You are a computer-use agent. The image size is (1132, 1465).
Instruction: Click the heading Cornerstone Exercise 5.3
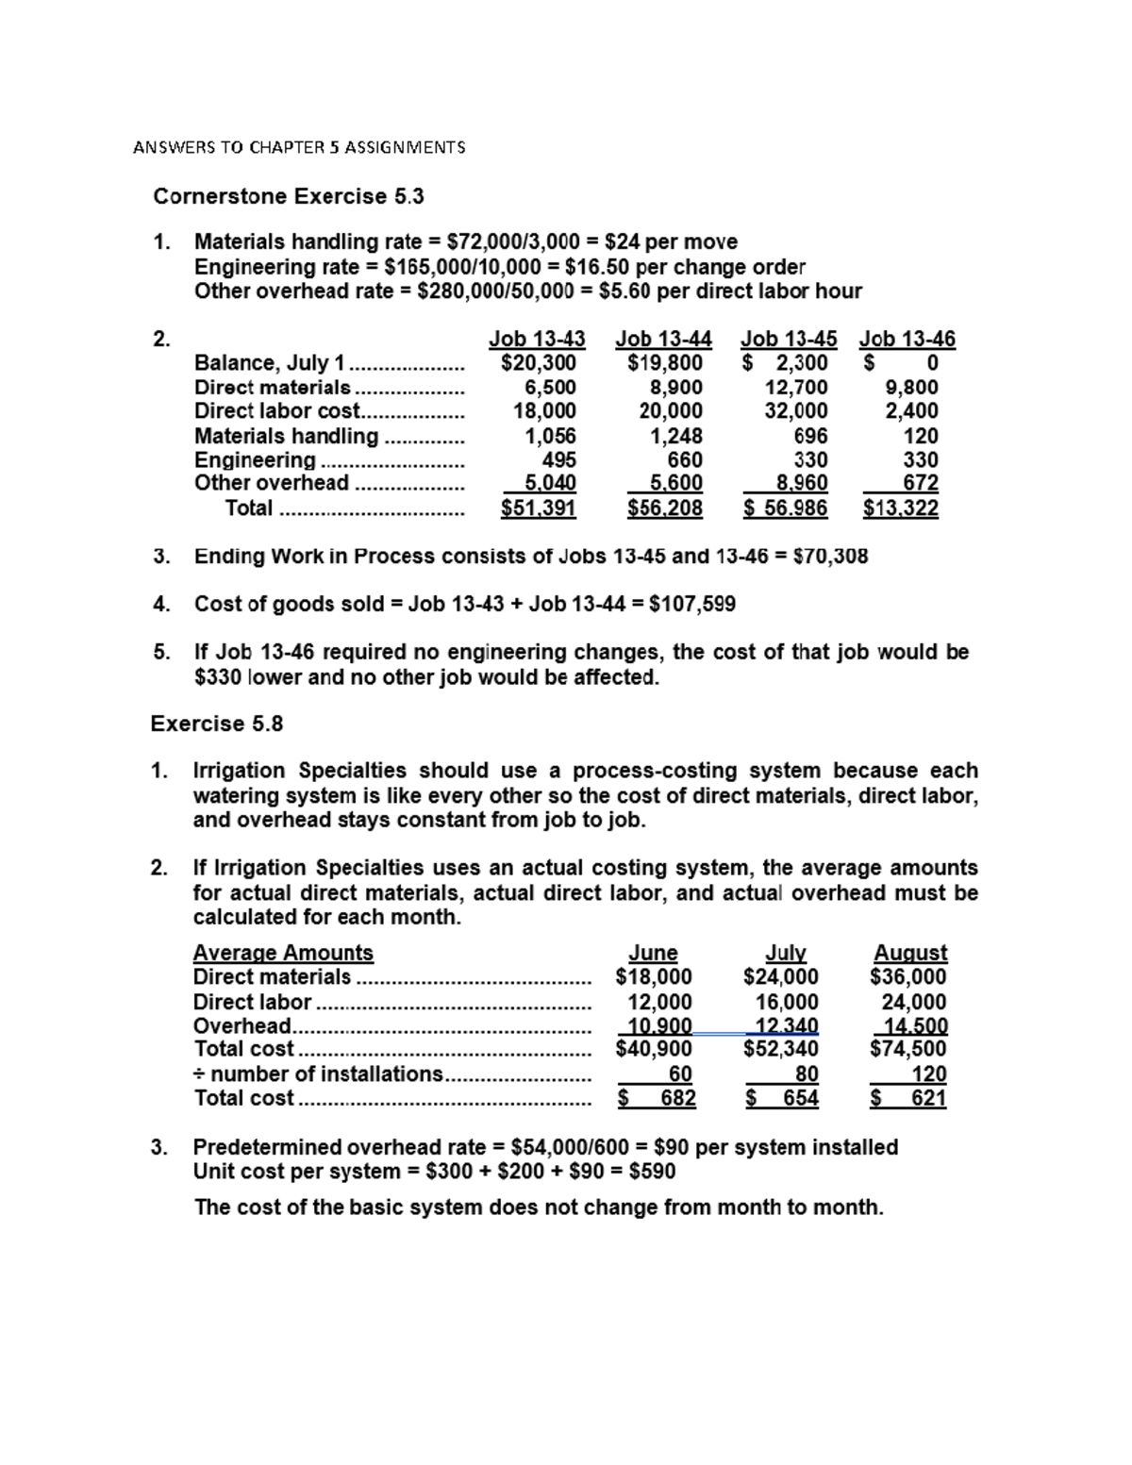(x=289, y=196)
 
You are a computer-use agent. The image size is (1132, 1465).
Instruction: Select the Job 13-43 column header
(x=536, y=339)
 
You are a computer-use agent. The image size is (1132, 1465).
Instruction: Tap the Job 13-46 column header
(x=907, y=339)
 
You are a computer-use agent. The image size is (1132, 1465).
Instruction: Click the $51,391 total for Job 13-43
(x=538, y=508)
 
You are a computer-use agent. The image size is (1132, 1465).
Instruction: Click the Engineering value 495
(x=558, y=459)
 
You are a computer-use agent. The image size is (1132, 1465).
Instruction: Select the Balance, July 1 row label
(x=271, y=363)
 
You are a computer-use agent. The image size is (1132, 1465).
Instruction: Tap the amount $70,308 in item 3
(x=830, y=557)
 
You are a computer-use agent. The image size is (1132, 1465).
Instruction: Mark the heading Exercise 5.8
(x=216, y=724)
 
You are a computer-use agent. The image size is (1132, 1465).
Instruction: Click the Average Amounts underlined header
(x=283, y=953)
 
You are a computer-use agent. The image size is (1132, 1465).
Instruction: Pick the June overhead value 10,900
(x=659, y=1025)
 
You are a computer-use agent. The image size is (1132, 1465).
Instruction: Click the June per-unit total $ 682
(x=658, y=1098)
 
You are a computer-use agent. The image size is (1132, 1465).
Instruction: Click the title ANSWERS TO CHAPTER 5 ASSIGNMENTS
(x=299, y=147)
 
